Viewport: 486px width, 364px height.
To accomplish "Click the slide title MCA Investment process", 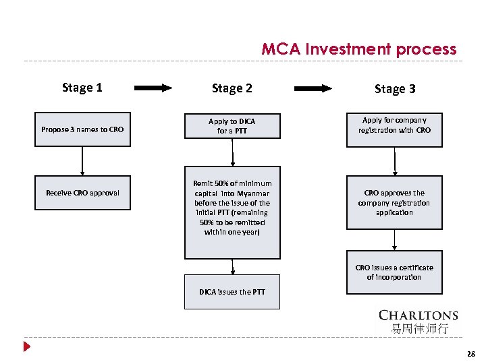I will (358, 49).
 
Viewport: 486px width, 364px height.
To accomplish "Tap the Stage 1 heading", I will (82, 87).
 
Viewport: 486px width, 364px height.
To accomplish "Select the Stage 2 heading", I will (232, 88).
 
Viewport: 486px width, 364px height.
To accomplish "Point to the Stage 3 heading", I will (395, 89).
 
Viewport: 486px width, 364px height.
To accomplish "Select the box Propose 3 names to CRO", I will (82, 129).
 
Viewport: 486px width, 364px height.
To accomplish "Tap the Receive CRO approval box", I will (82, 193).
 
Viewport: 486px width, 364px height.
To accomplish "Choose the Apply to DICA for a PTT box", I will (232, 126).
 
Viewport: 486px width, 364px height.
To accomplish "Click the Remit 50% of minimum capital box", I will (232, 212).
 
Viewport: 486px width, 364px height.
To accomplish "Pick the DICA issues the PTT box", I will (232, 292).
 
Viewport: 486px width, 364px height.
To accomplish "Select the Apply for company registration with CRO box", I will (395, 129).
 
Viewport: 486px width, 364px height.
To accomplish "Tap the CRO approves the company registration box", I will (395, 202).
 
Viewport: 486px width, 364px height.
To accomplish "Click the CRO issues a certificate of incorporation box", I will (395, 272).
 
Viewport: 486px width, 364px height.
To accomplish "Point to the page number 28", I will (470, 354).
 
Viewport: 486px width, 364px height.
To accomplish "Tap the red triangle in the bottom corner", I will (26, 348).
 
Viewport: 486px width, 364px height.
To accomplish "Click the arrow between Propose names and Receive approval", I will (82, 160).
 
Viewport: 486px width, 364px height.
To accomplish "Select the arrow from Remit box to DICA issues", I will (232, 267).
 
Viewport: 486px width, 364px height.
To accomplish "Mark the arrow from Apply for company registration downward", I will (395, 162).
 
